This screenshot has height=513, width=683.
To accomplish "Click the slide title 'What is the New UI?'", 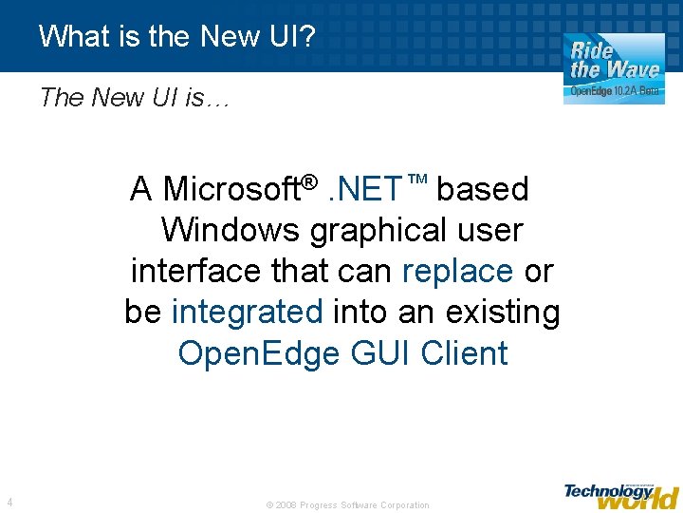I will click(x=178, y=36).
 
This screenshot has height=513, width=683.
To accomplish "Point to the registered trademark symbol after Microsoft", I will click(x=308, y=180).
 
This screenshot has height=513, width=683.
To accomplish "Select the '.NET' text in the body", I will click(x=365, y=189).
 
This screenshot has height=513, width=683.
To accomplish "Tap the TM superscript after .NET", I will click(x=417, y=180).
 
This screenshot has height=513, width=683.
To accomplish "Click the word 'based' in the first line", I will click(x=482, y=189).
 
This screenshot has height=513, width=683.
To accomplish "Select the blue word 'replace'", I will click(x=457, y=272).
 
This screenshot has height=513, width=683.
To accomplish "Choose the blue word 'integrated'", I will click(x=248, y=312).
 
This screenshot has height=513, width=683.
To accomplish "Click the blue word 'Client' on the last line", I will click(x=464, y=353).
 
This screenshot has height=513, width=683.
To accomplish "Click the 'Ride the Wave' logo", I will click(x=614, y=59).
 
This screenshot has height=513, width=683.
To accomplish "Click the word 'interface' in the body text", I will click(x=196, y=272).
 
